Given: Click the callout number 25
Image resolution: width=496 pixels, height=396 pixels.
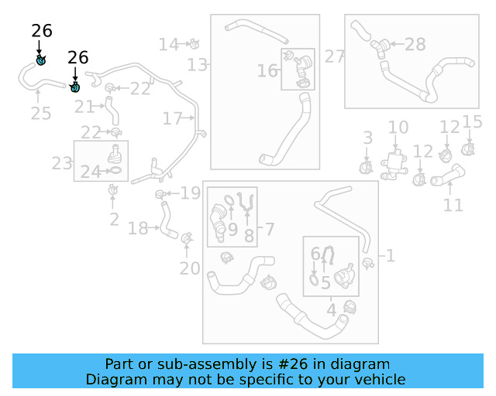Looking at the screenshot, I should pos(41,114).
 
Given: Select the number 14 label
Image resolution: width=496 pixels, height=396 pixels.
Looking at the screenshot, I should pos(168,44).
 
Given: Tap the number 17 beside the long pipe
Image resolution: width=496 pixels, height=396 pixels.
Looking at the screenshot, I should pos(172,118).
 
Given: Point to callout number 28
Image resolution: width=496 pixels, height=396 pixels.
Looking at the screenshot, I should pos(415,45).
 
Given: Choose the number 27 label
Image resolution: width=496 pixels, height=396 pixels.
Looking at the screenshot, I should pos(335,56).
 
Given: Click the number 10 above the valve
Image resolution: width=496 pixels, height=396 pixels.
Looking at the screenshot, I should pos(398,128).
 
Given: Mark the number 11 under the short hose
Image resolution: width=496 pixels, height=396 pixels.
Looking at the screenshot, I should pos(453,205).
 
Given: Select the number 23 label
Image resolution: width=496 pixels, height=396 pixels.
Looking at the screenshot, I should pos(62,163).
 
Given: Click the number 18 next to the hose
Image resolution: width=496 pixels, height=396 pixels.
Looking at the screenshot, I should pos(138,228).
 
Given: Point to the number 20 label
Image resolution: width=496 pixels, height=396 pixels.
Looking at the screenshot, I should pos(189,268).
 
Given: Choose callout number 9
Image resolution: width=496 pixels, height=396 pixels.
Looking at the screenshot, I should pos(232,230).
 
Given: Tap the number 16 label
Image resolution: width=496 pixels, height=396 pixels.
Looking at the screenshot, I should pos(267,71).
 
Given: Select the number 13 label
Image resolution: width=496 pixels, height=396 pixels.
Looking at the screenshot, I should pos(198,65).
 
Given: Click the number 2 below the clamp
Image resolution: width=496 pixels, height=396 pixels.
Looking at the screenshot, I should pos(114,220).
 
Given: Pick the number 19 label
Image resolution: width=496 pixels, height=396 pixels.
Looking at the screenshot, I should pos(191,193).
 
